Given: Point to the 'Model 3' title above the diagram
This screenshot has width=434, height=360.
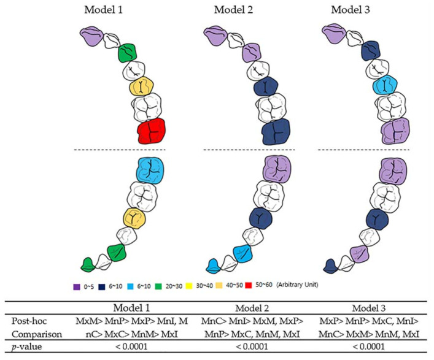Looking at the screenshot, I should pyautogui.click(x=352, y=10).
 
